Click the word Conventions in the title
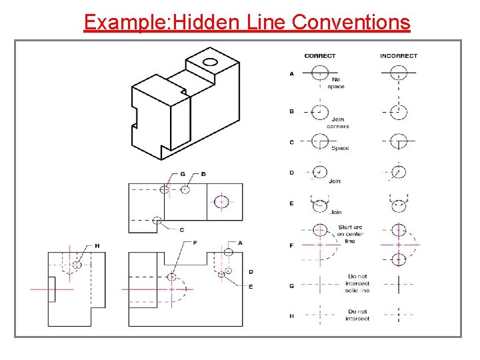[351, 22]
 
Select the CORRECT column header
[319, 56]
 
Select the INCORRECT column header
[398, 56]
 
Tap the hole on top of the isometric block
[211, 63]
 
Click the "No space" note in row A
[336, 83]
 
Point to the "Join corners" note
[337, 123]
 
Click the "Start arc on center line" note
[349, 234]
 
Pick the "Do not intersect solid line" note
[358, 283]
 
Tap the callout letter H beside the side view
[97, 246]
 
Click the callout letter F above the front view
[195, 243]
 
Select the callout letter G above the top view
[183, 174]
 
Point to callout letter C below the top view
[181, 230]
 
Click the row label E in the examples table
[291, 203]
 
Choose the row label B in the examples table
[291, 111]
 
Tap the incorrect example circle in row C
[398, 142]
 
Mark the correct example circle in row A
[320, 73]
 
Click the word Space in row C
[340, 148]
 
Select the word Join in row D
[335, 181]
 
